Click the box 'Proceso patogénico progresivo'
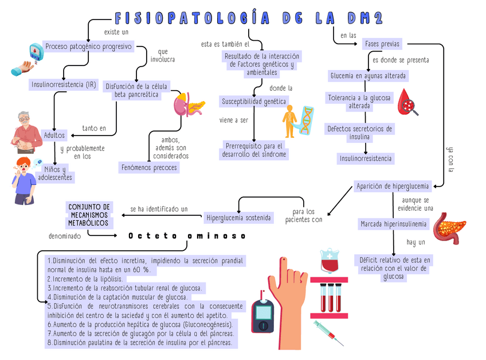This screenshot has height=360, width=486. (88, 47)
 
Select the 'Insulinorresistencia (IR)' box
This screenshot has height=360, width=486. (64, 85)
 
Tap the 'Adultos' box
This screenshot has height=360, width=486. (55, 135)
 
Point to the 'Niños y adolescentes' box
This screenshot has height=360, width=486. (56, 173)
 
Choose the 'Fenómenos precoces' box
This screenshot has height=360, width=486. (149, 167)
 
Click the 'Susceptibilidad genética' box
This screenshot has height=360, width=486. (254, 102)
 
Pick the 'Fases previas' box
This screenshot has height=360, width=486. (382, 44)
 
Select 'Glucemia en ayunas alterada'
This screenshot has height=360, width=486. (368, 76)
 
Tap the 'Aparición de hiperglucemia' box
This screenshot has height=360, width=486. (393, 186)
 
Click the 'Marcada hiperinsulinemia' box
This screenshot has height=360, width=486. (393, 223)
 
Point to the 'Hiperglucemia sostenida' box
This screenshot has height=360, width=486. (239, 218)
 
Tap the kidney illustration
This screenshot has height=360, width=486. (182, 105)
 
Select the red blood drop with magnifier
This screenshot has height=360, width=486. (407, 102)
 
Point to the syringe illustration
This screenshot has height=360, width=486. (328, 333)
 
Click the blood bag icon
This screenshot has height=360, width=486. (329, 261)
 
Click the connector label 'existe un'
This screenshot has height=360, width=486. (116, 32)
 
